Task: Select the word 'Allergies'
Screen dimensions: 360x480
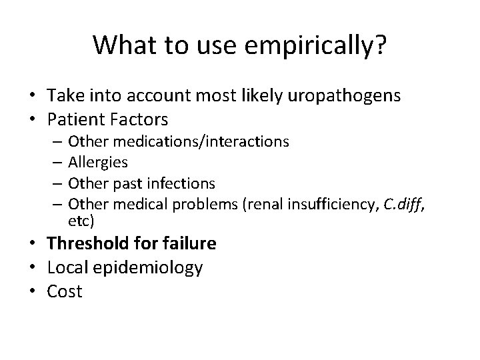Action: click(98, 162)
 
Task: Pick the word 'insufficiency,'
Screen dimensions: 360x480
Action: click(330, 204)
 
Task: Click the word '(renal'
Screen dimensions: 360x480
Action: click(267, 204)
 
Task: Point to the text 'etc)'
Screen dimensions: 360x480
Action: click(81, 219)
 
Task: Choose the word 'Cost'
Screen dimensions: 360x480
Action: click(65, 291)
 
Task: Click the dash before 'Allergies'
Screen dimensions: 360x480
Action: click(59, 162)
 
